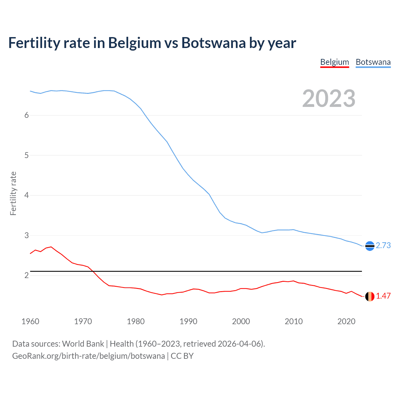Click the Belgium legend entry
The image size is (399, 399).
(334, 62)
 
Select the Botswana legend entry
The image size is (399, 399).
(373, 62)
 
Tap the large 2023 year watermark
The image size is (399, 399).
(329, 99)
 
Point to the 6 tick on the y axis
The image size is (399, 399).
(26, 115)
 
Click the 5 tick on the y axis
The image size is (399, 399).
(26, 155)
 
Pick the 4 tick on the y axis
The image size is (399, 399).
(26, 195)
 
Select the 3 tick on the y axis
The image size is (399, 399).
(26, 235)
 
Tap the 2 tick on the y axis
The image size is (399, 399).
(26, 275)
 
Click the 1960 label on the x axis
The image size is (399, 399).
(30, 321)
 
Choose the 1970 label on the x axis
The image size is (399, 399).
(83, 321)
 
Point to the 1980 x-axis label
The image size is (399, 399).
(136, 321)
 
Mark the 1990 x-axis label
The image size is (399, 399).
(188, 321)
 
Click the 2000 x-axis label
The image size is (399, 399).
(241, 321)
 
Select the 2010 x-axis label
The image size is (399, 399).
(294, 321)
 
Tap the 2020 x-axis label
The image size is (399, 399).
(346, 321)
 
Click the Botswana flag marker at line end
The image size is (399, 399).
(370, 246)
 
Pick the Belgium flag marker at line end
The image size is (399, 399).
(370, 296)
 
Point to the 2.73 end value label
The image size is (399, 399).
(383, 246)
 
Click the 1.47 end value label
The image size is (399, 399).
(383, 296)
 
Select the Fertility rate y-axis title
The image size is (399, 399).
(13, 193)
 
